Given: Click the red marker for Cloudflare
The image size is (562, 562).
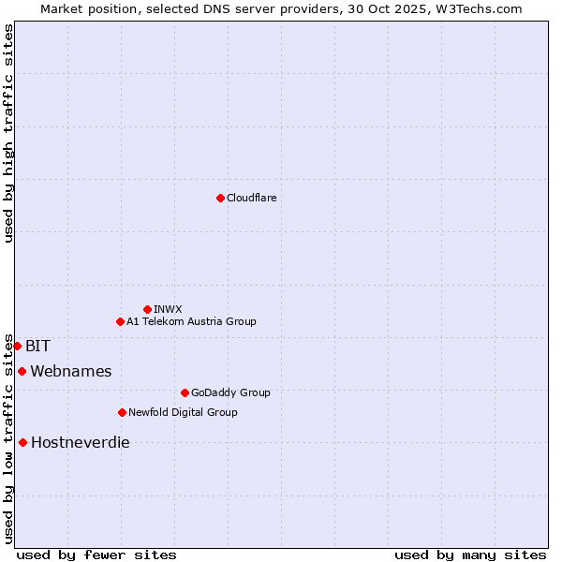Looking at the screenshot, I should (x=220, y=198).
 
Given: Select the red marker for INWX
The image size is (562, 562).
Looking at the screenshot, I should (x=147, y=309).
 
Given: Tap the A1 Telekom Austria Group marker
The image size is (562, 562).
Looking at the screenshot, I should (x=120, y=321).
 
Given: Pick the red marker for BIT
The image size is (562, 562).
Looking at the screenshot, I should (x=17, y=346).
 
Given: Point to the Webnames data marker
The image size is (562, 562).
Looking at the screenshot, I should (x=22, y=371).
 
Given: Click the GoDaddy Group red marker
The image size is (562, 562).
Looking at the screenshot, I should (x=185, y=392).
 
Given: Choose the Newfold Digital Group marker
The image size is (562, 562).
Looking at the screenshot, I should (x=122, y=412).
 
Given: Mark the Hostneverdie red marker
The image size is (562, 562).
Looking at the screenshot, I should (x=22, y=442).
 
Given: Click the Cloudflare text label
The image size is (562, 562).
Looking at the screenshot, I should (x=252, y=198).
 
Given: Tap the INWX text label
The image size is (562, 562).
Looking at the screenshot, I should (x=168, y=309).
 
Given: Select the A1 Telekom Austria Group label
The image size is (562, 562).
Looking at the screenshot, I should (x=191, y=321).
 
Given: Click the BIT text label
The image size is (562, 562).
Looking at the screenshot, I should (x=38, y=346).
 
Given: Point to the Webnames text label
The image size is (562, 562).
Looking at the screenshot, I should (x=71, y=371).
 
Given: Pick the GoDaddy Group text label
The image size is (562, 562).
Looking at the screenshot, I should (x=230, y=392).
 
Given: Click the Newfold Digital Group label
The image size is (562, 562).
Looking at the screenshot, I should (x=183, y=412).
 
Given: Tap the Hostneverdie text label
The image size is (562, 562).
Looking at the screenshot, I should (x=81, y=442).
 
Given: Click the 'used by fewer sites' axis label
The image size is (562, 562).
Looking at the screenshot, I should (x=96, y=555).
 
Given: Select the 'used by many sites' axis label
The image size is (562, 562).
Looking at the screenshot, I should (x=470, y=555).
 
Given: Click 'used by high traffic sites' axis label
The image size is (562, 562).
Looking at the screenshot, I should (x=8, y=133).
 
